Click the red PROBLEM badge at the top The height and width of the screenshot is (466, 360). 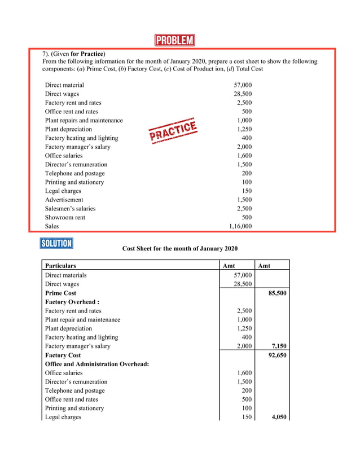174,40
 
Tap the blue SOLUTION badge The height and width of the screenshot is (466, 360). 56,243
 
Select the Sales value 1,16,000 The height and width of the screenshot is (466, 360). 240,226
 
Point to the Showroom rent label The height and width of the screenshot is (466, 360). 65,217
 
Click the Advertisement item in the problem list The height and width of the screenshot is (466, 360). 64,200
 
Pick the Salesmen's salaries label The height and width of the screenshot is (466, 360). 70,209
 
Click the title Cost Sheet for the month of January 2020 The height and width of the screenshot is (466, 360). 180,249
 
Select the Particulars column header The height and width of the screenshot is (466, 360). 60,266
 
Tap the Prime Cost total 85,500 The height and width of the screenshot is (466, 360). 276,293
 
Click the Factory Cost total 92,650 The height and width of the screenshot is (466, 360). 276,355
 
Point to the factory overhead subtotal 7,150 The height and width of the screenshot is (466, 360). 279,346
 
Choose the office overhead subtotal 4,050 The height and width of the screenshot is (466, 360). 279,417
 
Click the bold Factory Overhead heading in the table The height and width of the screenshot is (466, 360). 72,302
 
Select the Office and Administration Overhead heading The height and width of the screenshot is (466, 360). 96,364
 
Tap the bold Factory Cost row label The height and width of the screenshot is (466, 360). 63,355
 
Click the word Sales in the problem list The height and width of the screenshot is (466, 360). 52,226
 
